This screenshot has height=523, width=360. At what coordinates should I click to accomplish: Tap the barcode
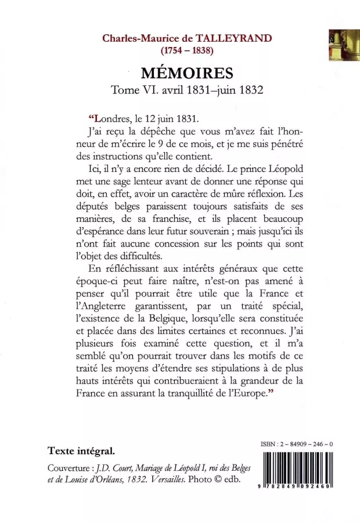[297, 470]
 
